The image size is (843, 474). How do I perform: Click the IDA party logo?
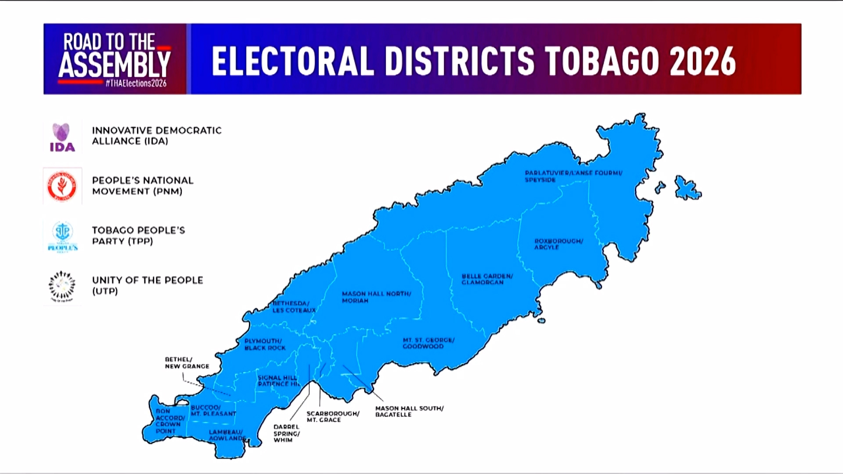pos(62,137)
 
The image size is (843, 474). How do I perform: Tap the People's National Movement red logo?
pos(62,186)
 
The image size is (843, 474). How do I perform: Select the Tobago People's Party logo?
pos(62,236)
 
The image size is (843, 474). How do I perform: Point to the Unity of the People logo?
pos(62,286)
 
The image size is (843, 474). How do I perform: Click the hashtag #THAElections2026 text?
pos(136,83)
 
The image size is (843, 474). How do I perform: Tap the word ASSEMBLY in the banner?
pos(115,65)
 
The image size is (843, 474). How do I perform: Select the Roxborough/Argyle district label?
pos(558,244)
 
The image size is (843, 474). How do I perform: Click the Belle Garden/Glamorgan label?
pos(487,279)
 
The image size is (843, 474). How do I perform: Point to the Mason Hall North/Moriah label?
pos(376,297)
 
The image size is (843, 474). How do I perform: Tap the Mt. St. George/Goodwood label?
pos(429,343)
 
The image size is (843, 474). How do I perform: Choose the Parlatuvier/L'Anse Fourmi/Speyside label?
pos(573,176)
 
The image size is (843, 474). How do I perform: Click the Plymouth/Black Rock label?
pos(265,345)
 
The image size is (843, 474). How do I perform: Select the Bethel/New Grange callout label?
pos(187,363)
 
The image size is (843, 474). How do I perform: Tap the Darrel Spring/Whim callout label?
pos(286,433)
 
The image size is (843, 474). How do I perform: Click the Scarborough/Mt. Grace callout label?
pos(333,417)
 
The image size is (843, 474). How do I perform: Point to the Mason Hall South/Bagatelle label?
pos(409,411)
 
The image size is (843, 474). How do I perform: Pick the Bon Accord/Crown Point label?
pos(169,421)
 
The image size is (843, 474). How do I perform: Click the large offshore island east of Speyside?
pos(687,188)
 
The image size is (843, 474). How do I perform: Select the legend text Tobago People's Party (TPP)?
pos(138,236)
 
